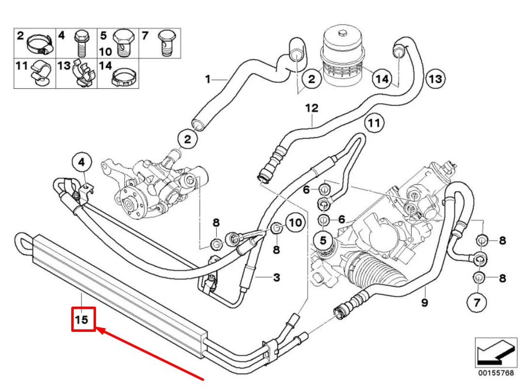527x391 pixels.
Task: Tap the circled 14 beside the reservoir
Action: (382, 79)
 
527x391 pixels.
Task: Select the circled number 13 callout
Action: (435, 79)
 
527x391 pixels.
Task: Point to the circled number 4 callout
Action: (81, 162)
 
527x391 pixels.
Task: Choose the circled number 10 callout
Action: (295, 223)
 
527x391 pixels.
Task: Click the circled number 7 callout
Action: (477, 303)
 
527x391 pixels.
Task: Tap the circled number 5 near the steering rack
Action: (322, 240)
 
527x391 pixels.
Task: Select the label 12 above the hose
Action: (311, 108)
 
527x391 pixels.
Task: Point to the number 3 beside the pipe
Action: (276, 278)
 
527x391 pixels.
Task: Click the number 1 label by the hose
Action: (208, 79)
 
